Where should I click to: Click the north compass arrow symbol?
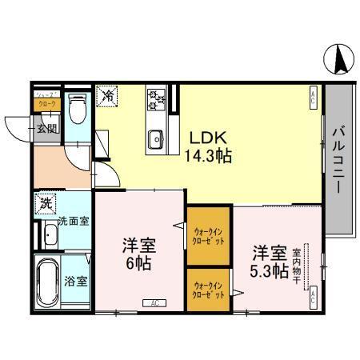pyautogui.click(x=339, y=58)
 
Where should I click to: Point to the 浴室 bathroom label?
pyautogui.click(x=76, y=282)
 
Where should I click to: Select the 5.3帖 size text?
pyautogui.click(x=269, y=270)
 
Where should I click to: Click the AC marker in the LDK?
pyautogui.click(x=313, y=98)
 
